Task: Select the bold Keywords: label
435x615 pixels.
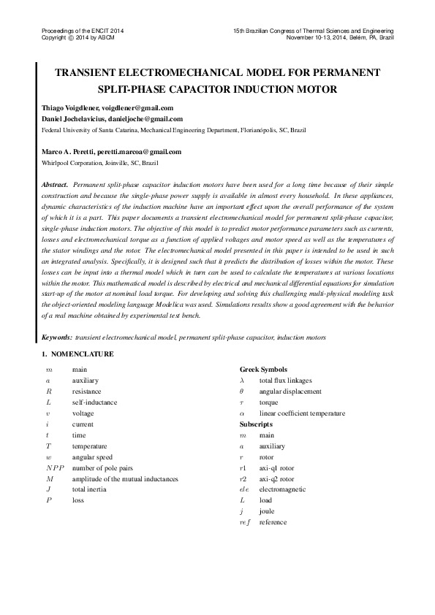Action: coord(57,337)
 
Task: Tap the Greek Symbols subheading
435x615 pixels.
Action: coord(263,370)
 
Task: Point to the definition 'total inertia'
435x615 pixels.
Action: coord(89,489)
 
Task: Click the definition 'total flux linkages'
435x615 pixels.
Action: coord(285,381)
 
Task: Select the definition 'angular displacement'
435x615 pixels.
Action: coord(290,391)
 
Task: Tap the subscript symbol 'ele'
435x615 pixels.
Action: coord(244,489)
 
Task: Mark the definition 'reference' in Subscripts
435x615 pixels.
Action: coord(273,522)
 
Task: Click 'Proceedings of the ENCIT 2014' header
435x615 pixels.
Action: coord(83,30)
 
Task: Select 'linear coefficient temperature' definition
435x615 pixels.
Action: coord(303,413)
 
